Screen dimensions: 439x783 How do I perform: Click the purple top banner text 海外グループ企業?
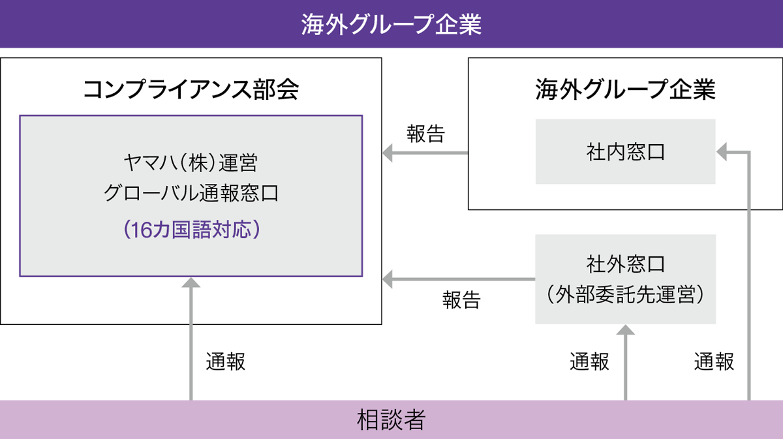coord(391,24)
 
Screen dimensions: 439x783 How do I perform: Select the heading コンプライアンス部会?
coord(191,89)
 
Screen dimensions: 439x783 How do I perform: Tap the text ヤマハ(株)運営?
coord(191,163)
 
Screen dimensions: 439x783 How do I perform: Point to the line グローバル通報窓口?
coord(191,194)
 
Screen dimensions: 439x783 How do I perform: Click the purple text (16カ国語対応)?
coord(191,230)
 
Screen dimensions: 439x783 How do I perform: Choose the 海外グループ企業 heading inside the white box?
coord(625,89)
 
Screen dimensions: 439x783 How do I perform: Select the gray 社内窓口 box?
coord(625,152)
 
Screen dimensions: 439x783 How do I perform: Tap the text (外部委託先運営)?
coord(625,295)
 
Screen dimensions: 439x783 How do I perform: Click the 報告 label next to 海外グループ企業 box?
coord(425,134)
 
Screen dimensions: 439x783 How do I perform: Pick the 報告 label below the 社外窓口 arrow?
coord(461,300)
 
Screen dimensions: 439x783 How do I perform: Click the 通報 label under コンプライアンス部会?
coord(226,362)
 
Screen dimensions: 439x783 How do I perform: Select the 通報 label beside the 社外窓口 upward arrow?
coord(589,362)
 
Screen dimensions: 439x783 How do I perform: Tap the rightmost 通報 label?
coord(714,362)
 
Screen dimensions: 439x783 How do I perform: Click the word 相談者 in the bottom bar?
coord(391,419)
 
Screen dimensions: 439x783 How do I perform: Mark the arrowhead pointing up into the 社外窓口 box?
coord(625,330)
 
